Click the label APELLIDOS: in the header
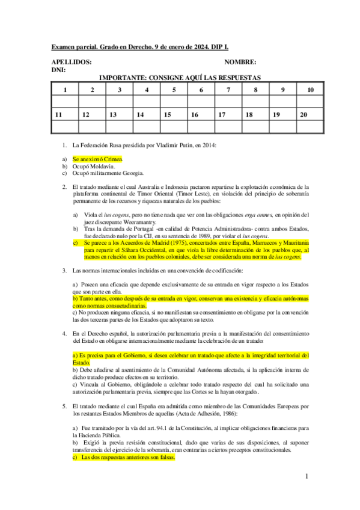tap(72, 62)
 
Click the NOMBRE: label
tap(240, 62)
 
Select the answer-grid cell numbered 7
tap(228, 90)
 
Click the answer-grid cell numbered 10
tap(310, 90)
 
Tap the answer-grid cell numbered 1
tap(65, 90)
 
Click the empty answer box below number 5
tap(174, 101)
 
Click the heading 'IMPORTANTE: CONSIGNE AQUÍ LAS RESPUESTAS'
tap(180, 78)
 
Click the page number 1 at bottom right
tap(306, 476)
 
